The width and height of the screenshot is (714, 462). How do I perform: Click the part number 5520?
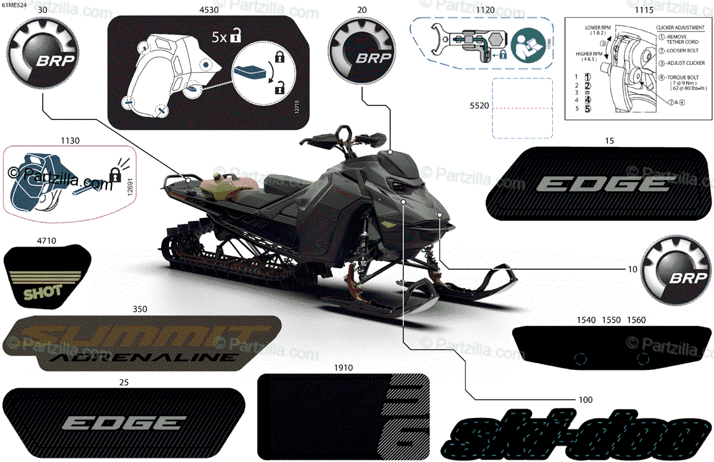479,105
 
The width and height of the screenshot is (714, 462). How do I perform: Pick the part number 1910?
343,368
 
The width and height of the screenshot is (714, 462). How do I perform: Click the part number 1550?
611,320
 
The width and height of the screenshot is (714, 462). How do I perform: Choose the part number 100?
586,398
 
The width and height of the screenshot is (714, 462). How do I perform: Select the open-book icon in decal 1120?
524,43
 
